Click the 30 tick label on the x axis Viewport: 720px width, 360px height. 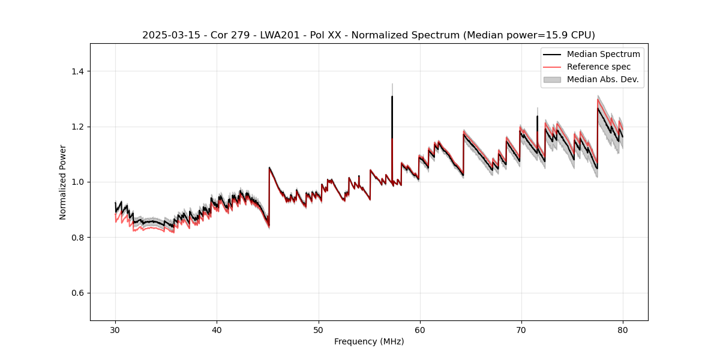pyautogui.click(x=115, y=329)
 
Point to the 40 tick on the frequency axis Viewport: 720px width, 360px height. pyautogui.click(x=217, y=329)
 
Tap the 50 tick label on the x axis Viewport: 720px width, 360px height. pyautogui.click(x=318, y=329)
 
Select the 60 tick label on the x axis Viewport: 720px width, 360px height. pyautogui.click(x=420, y=329)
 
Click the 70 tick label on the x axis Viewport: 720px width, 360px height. pyautogui.click(x=521, y=329)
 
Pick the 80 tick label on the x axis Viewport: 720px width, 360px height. pyautogui.click(x=623, y=329)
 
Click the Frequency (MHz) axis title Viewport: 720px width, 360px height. pyautogui.click(x=369, y=341)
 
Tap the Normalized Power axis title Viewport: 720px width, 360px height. pyautogui.click(x=63, y=182)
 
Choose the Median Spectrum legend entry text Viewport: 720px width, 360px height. pyautogui.click(x=603, y=54)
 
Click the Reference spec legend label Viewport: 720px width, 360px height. pyautogui.click(x=599, y=67)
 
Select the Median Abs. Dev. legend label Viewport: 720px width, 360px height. pyautogui.click(x=603, y=79)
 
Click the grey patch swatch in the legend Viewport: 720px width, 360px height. pyautogui.click(x=552, y=79)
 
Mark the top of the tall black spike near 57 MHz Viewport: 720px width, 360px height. pyautogui.click(x=392, y=96)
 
